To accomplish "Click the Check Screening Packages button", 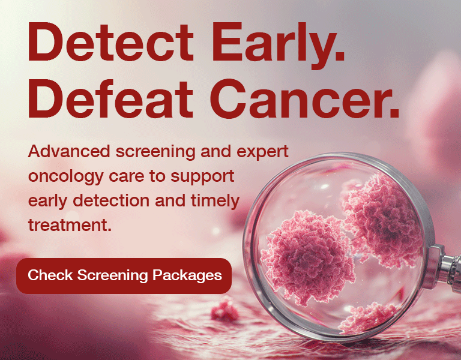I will coord(124,275).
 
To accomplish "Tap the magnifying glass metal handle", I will coord(447,266).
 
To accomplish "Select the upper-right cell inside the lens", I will coord(376,213).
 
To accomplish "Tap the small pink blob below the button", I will coord(226,310).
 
